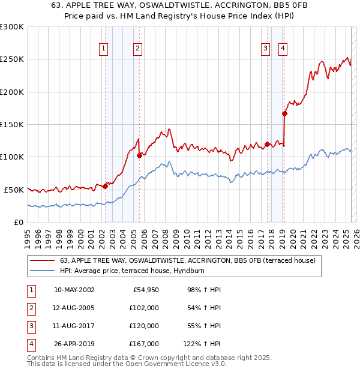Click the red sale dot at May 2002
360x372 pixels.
[x=106, y=186]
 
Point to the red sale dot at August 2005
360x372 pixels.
[x=139, y=155]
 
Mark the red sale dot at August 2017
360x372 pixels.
[x=266, y=144]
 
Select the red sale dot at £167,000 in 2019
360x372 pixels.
[x=284, y=113]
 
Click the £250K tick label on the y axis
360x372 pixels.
[x=12, y=59]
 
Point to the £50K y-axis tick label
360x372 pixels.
[x=14, y=190]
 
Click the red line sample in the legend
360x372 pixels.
[x=42, y=260]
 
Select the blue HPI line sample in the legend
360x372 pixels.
[x=42, y=271]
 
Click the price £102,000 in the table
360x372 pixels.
[x=145, y=308]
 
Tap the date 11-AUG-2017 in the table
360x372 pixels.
[x=74, y=326]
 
